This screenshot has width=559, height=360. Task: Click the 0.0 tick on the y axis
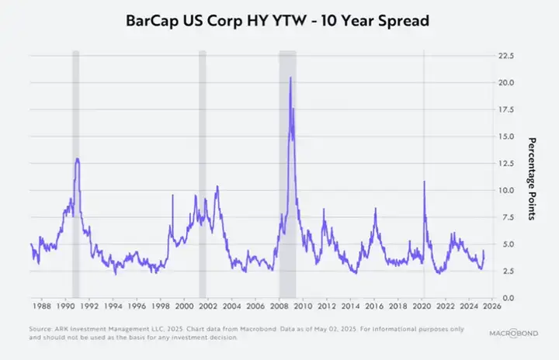(505, 298)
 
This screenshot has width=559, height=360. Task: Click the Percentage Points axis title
(533, 178)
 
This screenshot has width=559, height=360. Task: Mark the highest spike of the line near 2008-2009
(290, 78)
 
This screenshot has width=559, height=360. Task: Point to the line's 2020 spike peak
(424, 182)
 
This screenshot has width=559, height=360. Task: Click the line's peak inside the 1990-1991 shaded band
(77, 159)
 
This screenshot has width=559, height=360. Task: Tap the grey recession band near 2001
(203, 171)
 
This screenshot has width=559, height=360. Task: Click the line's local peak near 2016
(375, 208)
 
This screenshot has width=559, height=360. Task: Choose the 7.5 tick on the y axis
(505, 217)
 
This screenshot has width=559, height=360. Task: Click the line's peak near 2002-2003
(217, 186)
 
